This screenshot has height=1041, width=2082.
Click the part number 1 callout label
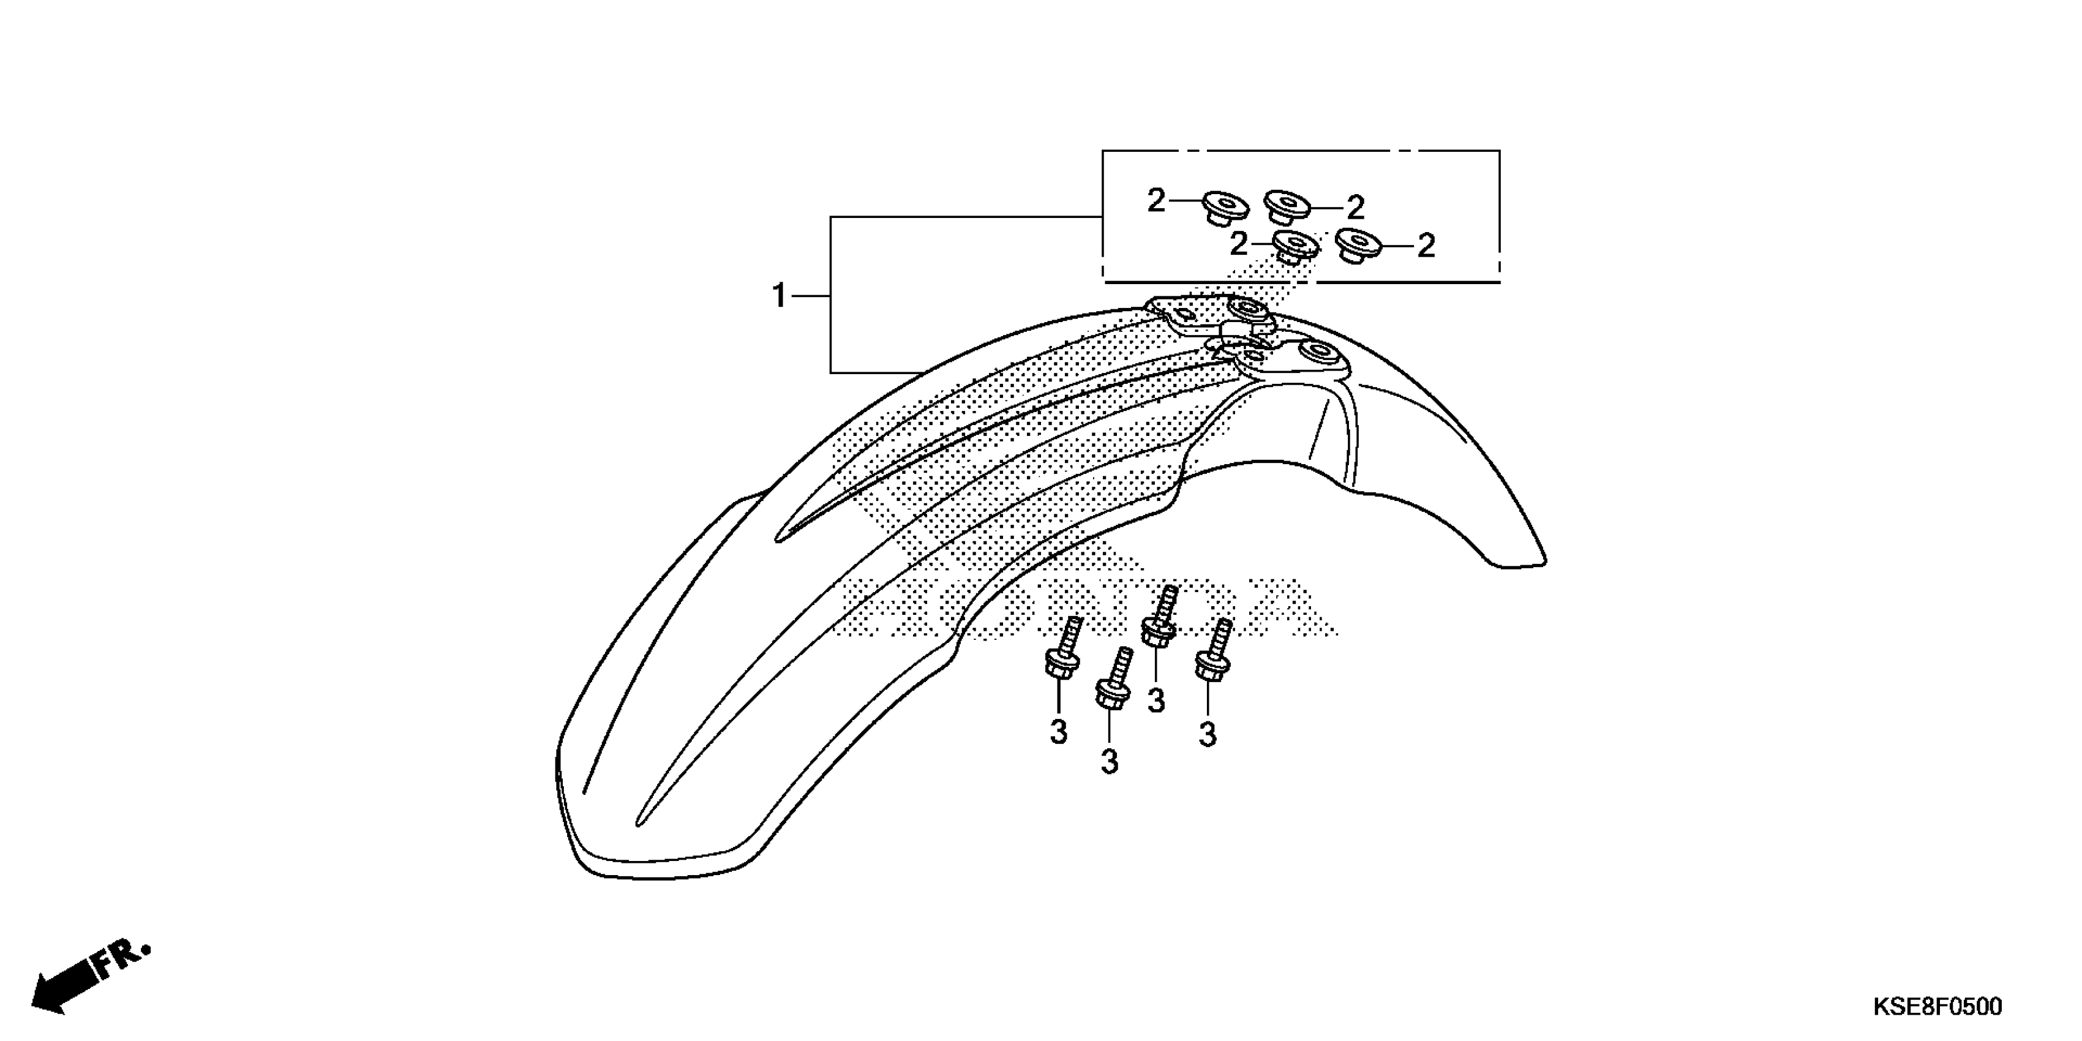coord(779,296)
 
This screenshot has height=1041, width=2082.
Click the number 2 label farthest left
coord(1157,200)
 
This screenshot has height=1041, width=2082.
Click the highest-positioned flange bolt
coord(1160,616)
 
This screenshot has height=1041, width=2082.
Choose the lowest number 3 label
coord(1110,761)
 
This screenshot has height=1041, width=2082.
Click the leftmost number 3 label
coord(1059,732)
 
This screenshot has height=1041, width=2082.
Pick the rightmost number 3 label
coord(1208,735)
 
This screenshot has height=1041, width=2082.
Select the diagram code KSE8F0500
coord(1937,1006)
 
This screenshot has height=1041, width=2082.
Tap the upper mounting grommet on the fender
coord(1243,309)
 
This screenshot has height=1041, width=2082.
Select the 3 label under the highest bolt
coord(1157,701)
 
